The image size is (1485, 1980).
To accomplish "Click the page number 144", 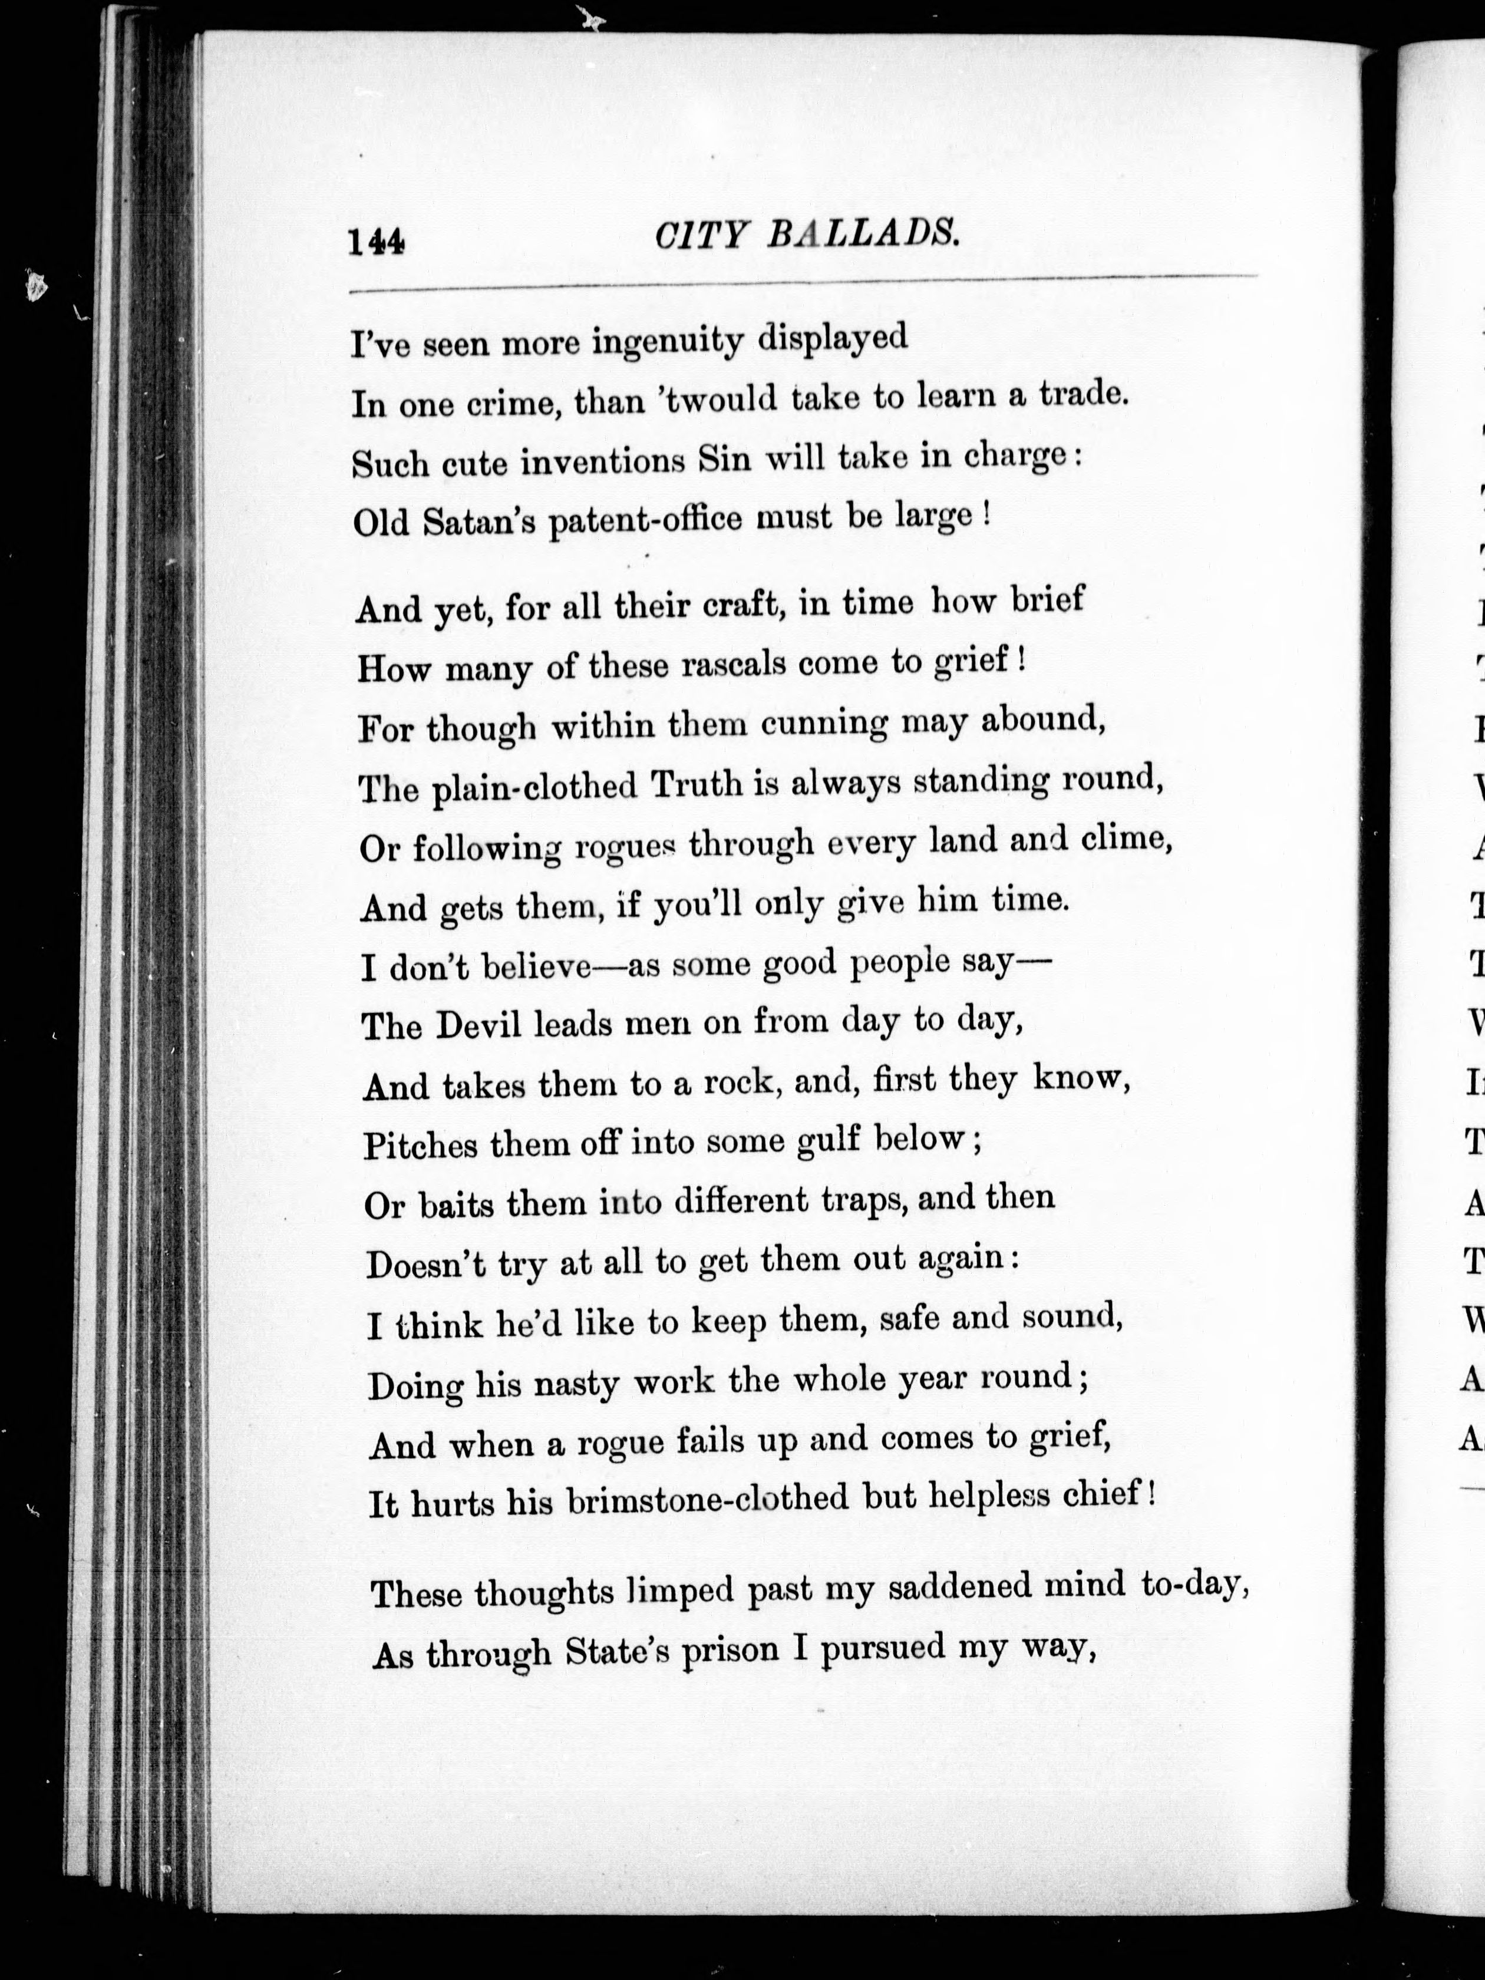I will coord(377,241).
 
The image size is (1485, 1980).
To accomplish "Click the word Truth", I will coord(697,784).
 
